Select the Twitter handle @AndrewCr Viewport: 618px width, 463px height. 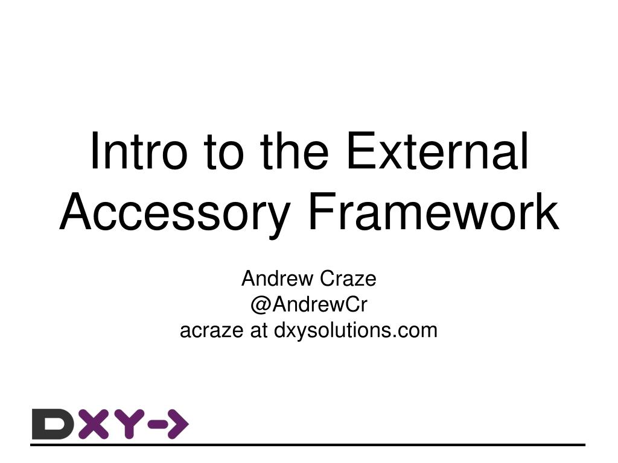(x=308, y=305)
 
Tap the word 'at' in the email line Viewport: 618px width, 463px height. (x=260, y=330)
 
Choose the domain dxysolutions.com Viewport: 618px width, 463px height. (x=356, y=330)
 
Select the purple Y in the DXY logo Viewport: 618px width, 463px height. (x=127, y=424)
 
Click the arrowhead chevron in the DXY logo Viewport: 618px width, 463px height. (x=178, y=424)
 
